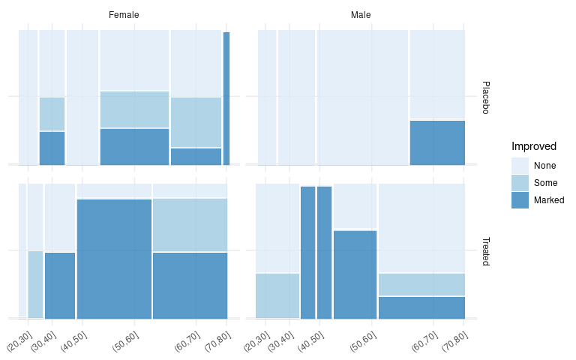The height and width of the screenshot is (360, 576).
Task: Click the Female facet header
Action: (x=124, y=15)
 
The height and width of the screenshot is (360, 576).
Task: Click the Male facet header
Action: (x=361, y=15)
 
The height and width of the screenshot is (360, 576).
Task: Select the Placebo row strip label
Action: (x=485, y=97)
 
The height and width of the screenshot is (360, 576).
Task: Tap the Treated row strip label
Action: (x=485, y=251)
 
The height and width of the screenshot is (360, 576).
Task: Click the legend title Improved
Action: (x=534, y=146)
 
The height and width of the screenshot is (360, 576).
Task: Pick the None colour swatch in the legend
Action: (x=520, y=166)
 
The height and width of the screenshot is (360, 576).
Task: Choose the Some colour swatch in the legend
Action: (x=520, y=183)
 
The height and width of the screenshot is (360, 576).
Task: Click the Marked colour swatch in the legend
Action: (x=520, y=200)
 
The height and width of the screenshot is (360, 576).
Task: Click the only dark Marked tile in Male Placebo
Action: (x=437, y=142)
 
